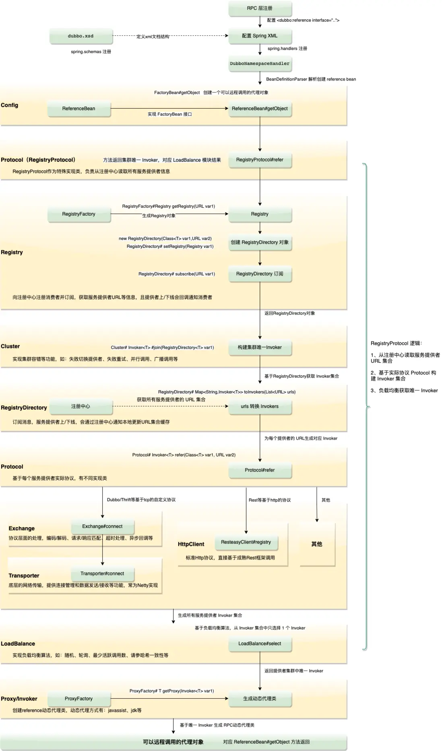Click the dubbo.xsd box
pos(81,36)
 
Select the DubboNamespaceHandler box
pos(260,64)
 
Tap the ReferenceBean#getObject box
pos(260,109)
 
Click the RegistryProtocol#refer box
pos(260,160)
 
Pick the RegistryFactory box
pos(79,214)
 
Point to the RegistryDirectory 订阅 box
pos(260,274)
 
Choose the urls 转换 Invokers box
pos(260,406)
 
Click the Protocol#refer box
pos(260,470)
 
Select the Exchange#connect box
pos(102,526)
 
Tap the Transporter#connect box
pos(102,574)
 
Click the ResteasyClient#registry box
pos(246,542)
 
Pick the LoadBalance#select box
pos(260,644)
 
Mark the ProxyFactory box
pos(79,699)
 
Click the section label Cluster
pos(10,346)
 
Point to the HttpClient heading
pos(191,544)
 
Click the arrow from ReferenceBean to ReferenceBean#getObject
pos(169,108)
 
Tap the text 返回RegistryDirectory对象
pos(289,313)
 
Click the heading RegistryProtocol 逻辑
pos(396,344)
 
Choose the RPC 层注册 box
pos(260,8)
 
